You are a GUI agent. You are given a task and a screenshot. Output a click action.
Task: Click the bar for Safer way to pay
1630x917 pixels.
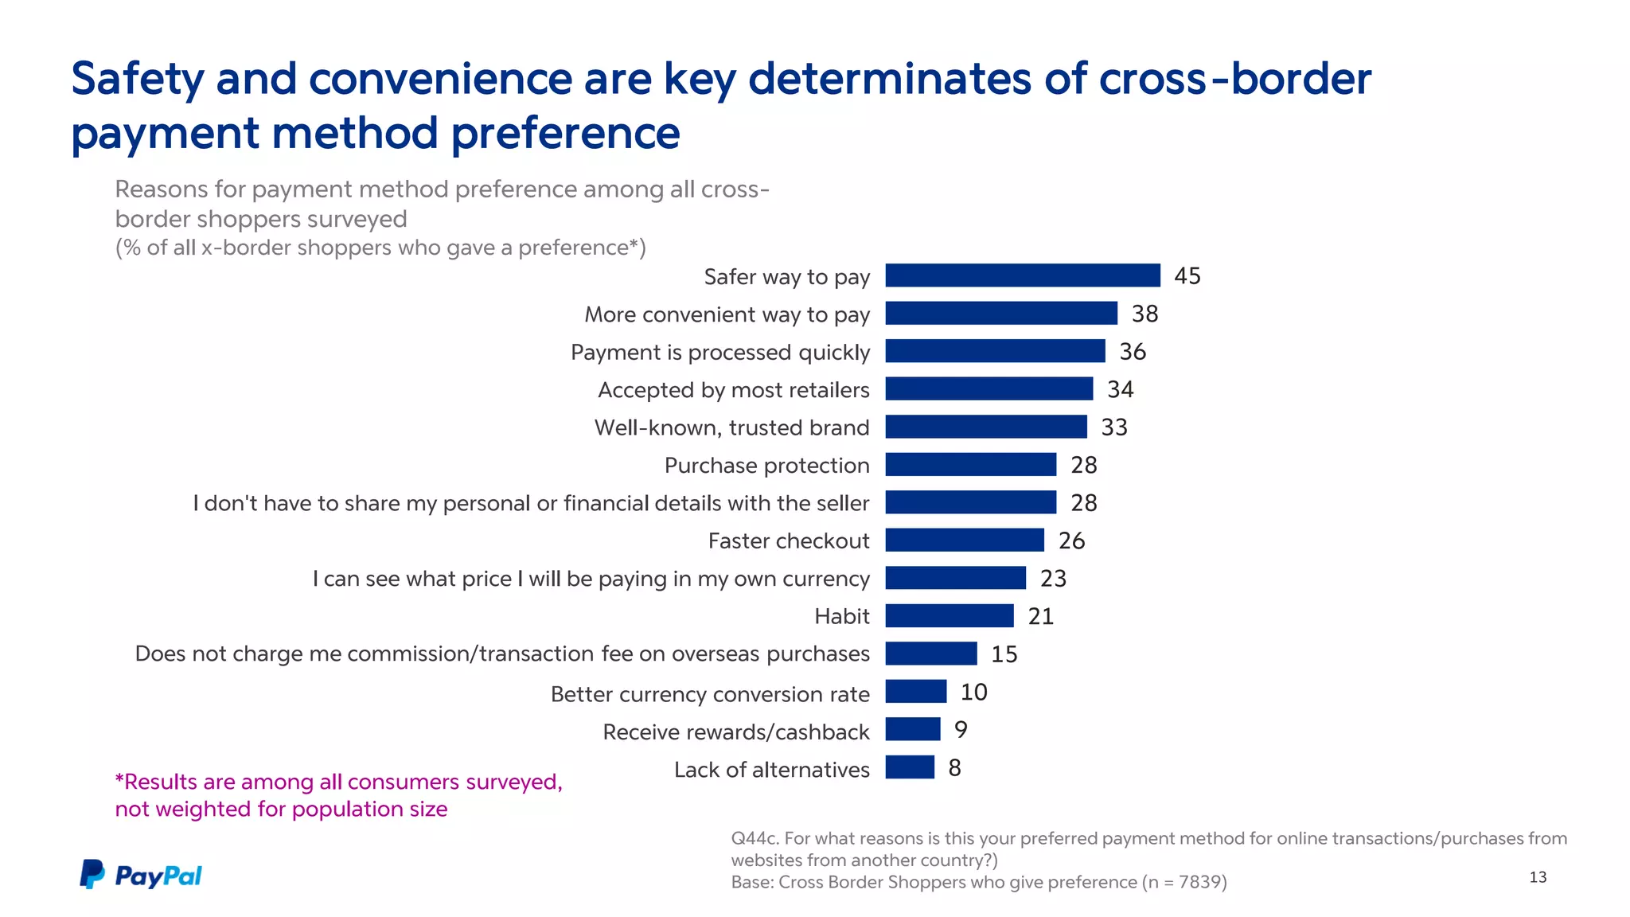coord(1023,275)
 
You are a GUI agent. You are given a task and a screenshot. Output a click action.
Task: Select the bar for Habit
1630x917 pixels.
coord(950,615)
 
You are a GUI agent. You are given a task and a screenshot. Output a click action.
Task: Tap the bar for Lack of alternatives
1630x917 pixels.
coord(910,767)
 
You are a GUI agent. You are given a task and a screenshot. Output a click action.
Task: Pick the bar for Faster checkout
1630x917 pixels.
coord(965,540)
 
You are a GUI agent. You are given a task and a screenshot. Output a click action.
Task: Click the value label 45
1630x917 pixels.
coord(1187,275)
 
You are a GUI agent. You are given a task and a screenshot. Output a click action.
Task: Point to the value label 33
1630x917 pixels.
coord(1114,427)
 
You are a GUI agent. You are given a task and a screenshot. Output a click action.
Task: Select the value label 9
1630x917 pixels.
coord(961,729)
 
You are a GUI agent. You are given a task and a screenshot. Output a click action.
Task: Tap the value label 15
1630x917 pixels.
coord(1004,654)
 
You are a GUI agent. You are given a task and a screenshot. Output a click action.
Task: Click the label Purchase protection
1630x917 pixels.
coord(766,466)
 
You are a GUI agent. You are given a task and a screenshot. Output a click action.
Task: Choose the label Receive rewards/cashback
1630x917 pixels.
coord(735,732)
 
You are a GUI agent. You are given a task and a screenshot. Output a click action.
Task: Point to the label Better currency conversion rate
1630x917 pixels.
coord(710,694)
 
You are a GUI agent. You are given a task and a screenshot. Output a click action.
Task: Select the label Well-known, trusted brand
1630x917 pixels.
coord(731,428)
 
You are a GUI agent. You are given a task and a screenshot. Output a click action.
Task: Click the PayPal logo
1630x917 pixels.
coord(141,875)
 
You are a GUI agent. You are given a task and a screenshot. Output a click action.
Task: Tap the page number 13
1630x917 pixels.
coord(1538,877)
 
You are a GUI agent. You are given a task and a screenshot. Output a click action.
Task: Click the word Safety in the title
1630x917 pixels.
coord(138,80)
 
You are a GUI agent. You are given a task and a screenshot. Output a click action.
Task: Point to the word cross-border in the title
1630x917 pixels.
coord(1234,80)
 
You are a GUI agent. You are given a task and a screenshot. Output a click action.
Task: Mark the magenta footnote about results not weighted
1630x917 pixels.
coord(338,795)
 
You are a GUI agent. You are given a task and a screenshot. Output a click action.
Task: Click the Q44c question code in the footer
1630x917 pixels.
coord(754,838)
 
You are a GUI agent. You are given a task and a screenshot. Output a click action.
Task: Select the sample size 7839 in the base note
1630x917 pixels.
coord(1199,882)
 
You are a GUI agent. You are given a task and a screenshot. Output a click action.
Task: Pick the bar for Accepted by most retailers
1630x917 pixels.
coord(989,388)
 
